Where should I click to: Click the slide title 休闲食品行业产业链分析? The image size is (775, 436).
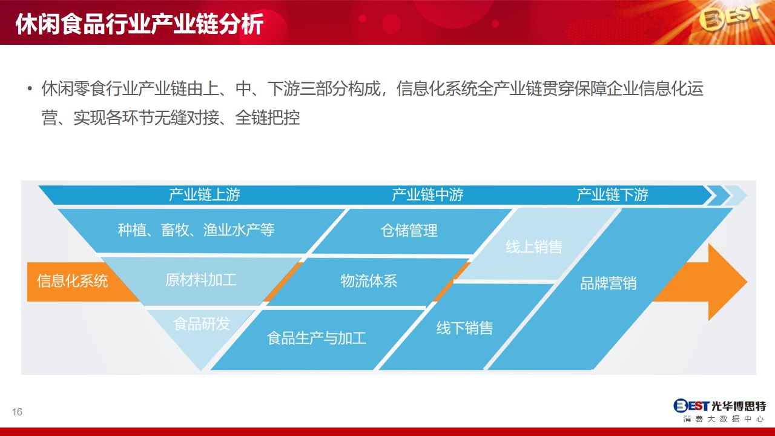(x=139, y=24)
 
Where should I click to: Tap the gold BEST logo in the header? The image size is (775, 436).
(x=730, y=17)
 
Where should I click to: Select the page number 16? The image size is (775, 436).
(x=17, y=412)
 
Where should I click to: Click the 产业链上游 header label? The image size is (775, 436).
(x=205, y=195)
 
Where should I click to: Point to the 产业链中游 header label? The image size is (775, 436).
(x=427, y=195)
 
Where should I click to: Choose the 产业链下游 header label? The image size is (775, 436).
(x=612, y=195)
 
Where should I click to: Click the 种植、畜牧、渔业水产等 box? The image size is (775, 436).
(x=200, y=231)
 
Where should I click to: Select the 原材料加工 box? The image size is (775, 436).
(x=200, y=280)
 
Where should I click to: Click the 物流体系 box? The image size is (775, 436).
(x=369, y=281)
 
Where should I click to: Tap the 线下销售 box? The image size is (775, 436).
(x=466, y=328)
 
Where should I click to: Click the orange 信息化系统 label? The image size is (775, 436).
(x=72, y=281)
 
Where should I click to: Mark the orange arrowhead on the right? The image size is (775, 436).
(x=727, y=282)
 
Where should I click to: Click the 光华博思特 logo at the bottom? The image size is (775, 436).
(x=719, y=406)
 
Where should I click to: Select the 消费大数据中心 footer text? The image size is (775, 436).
(x=724, y=419)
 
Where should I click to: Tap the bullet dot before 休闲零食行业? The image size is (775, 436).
(x=30, y=88)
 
